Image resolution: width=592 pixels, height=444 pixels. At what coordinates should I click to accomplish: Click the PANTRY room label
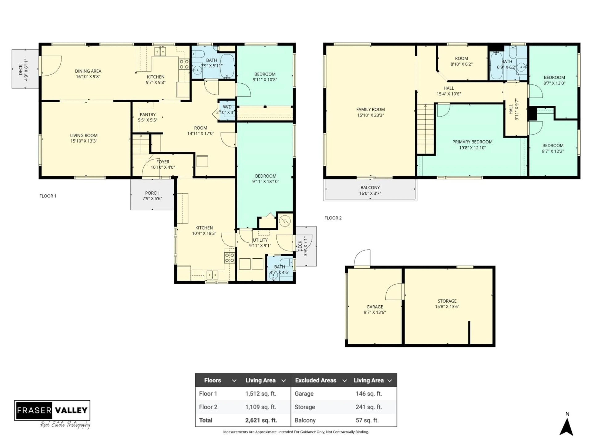coord(148,117)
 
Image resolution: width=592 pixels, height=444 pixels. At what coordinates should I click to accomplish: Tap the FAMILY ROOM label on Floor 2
coord(370,112)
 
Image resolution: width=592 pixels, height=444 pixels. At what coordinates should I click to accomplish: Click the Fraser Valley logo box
coord(52,410)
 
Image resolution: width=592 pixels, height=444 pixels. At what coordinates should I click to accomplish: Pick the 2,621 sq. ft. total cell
coord(261,420)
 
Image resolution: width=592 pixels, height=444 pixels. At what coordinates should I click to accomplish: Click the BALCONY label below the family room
coord(370,190)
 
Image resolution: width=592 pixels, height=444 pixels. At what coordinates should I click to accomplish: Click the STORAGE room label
coord(447,304)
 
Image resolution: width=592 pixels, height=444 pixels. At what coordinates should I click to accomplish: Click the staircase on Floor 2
coord(425,128)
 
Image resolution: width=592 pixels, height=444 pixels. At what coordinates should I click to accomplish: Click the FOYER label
coord(163,164)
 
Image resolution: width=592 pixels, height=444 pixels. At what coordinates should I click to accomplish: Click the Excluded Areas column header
coord(316,380)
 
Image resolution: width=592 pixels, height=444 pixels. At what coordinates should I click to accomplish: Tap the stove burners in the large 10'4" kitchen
coord(229,258)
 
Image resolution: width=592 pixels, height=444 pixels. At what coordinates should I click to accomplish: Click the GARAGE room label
coord(374,309)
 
